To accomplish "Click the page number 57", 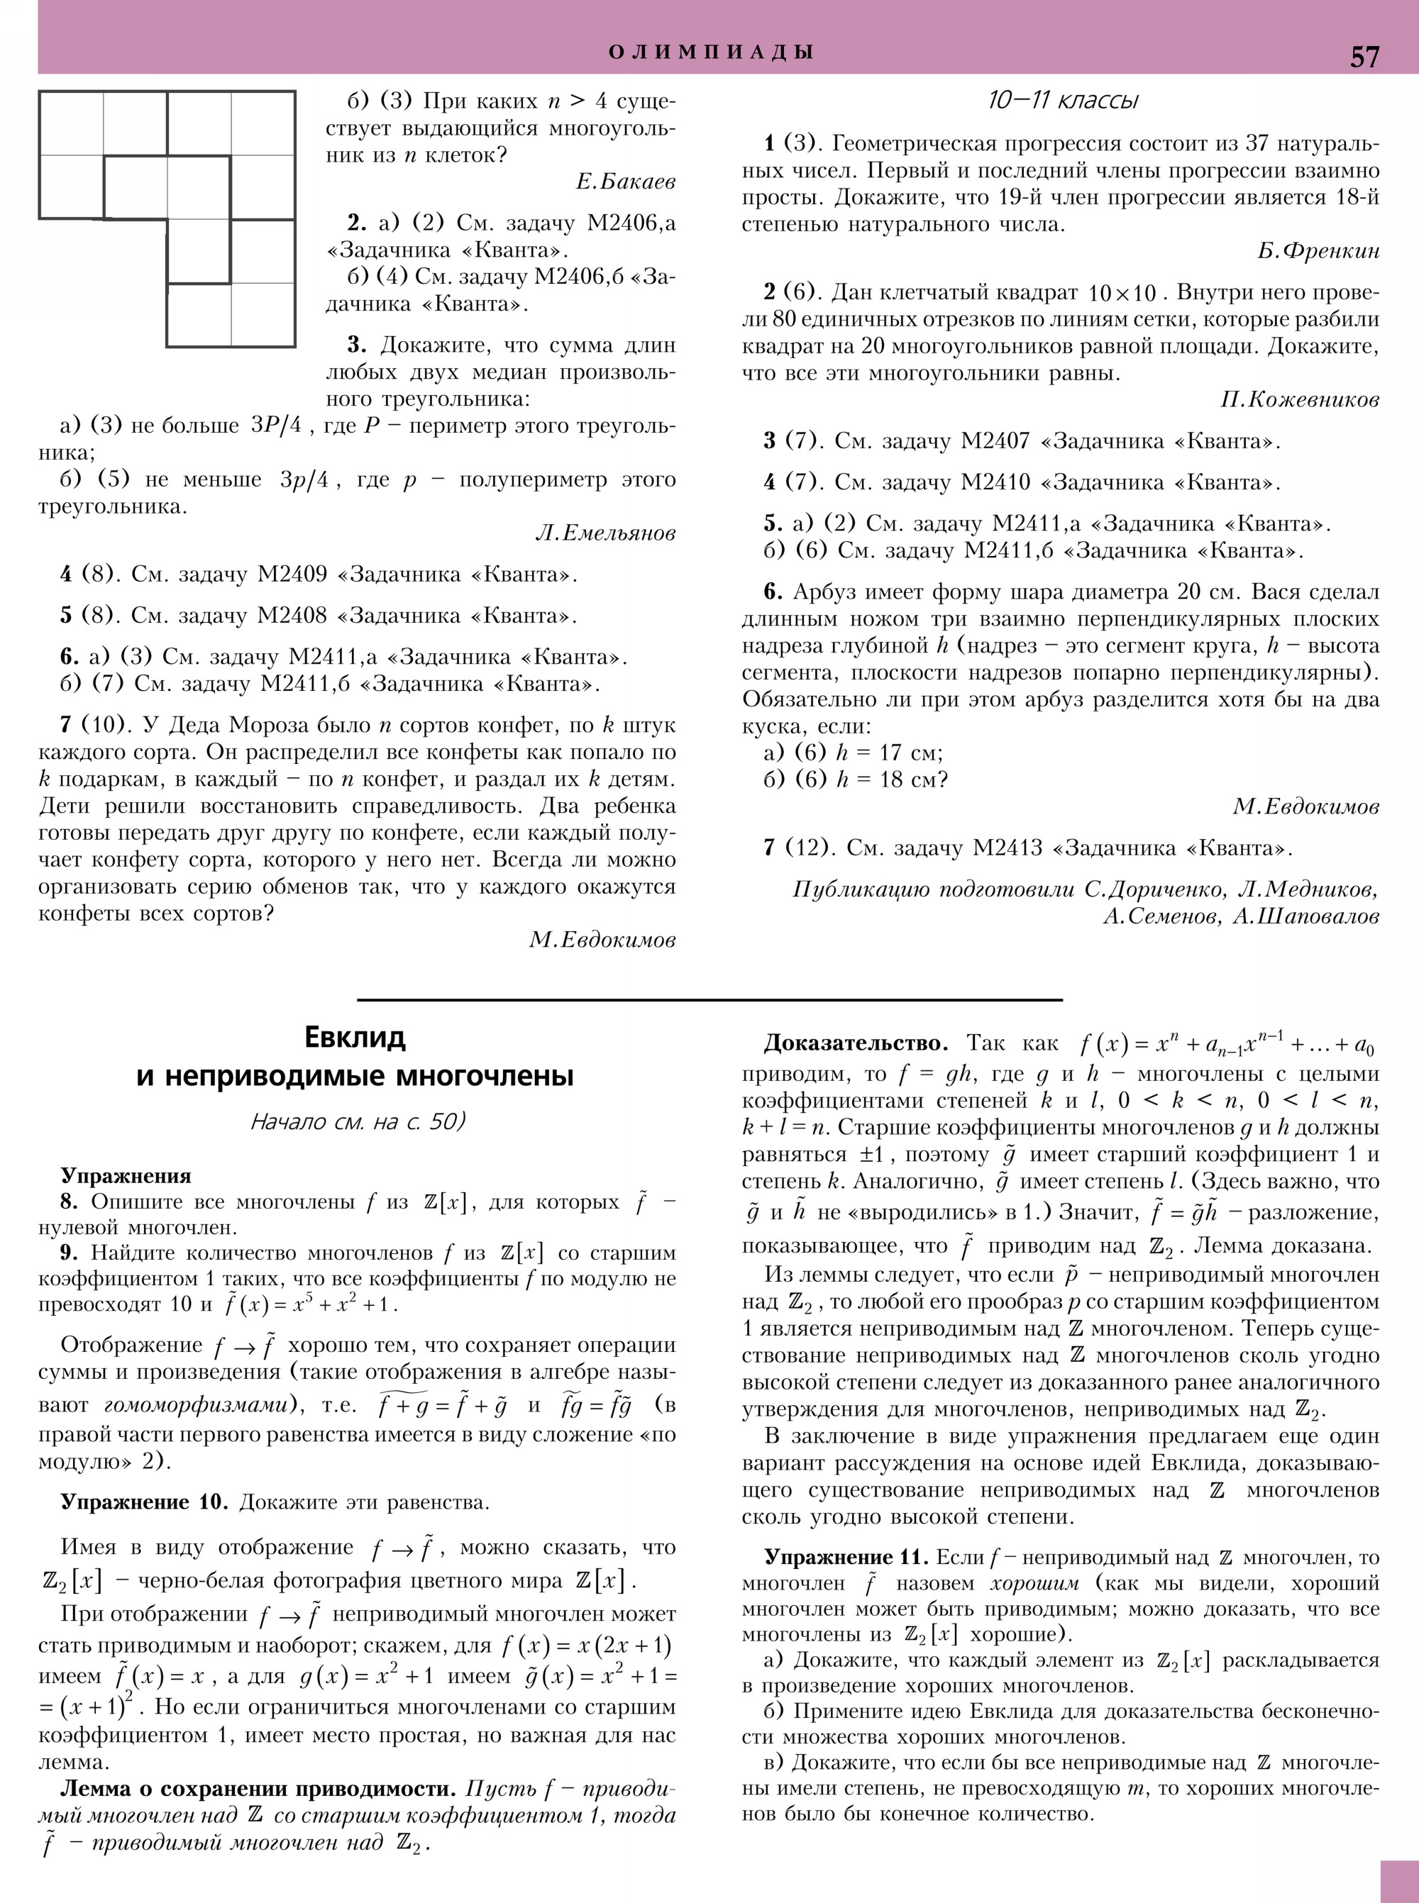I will pos(1364,57).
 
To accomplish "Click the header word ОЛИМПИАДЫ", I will pos(711,52).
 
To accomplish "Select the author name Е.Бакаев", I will pos(625,182).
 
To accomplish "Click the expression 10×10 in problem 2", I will pos(1122,293).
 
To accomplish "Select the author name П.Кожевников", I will pos(1300,400).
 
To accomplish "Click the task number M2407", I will pos(995,441).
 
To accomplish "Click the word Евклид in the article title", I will pos(355,1038).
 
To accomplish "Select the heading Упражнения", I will pos(126,1176).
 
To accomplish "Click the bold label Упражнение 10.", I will pos(143,1502).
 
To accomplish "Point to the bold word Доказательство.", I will pos(856,1043).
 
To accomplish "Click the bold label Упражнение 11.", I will pos(846,1557).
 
